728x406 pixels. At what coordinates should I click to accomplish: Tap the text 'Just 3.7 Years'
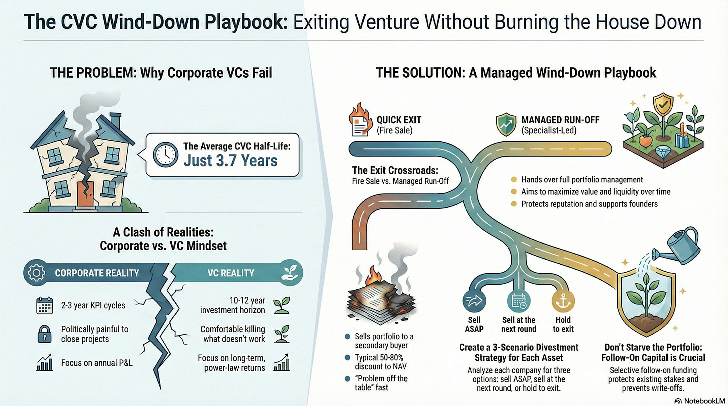(x=230, y=160)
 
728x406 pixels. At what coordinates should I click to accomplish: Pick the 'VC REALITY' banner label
(x=230, y=273)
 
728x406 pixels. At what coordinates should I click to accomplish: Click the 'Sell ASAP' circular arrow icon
(x=474, y=301)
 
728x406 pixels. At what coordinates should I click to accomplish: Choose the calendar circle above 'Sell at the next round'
(x=518, y=301)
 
